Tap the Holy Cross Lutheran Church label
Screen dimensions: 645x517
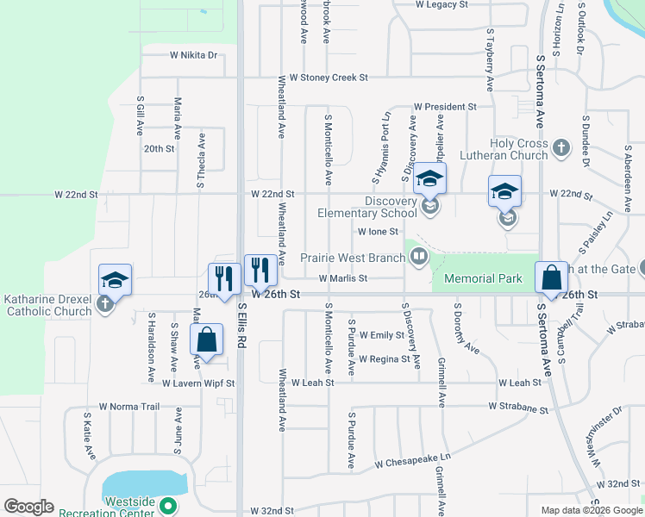click(x=518, y=149)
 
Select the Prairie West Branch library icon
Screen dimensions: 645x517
click(x=419, y=256)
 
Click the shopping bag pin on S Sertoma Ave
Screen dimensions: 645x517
click(x=551, y=278)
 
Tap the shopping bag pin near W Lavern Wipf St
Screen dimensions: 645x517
click(x=206, y=340)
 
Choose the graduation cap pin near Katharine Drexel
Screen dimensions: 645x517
click(x=115, y=280)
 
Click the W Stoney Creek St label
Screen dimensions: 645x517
click(x=329, y=78)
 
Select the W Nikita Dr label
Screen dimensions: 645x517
click(x=193, y=55)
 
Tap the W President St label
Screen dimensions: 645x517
click(x=445, y=107)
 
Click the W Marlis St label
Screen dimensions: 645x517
click(x=342, y=278)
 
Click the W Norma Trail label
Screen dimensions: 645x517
click(x=129, y=406)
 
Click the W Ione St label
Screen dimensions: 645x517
click(x=378, y=232)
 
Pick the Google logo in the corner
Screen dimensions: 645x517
click(x=28, y=507)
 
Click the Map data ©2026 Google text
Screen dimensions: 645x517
click(x=591, y=510)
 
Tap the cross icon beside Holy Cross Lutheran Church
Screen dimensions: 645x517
click(x=560, y=148)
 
